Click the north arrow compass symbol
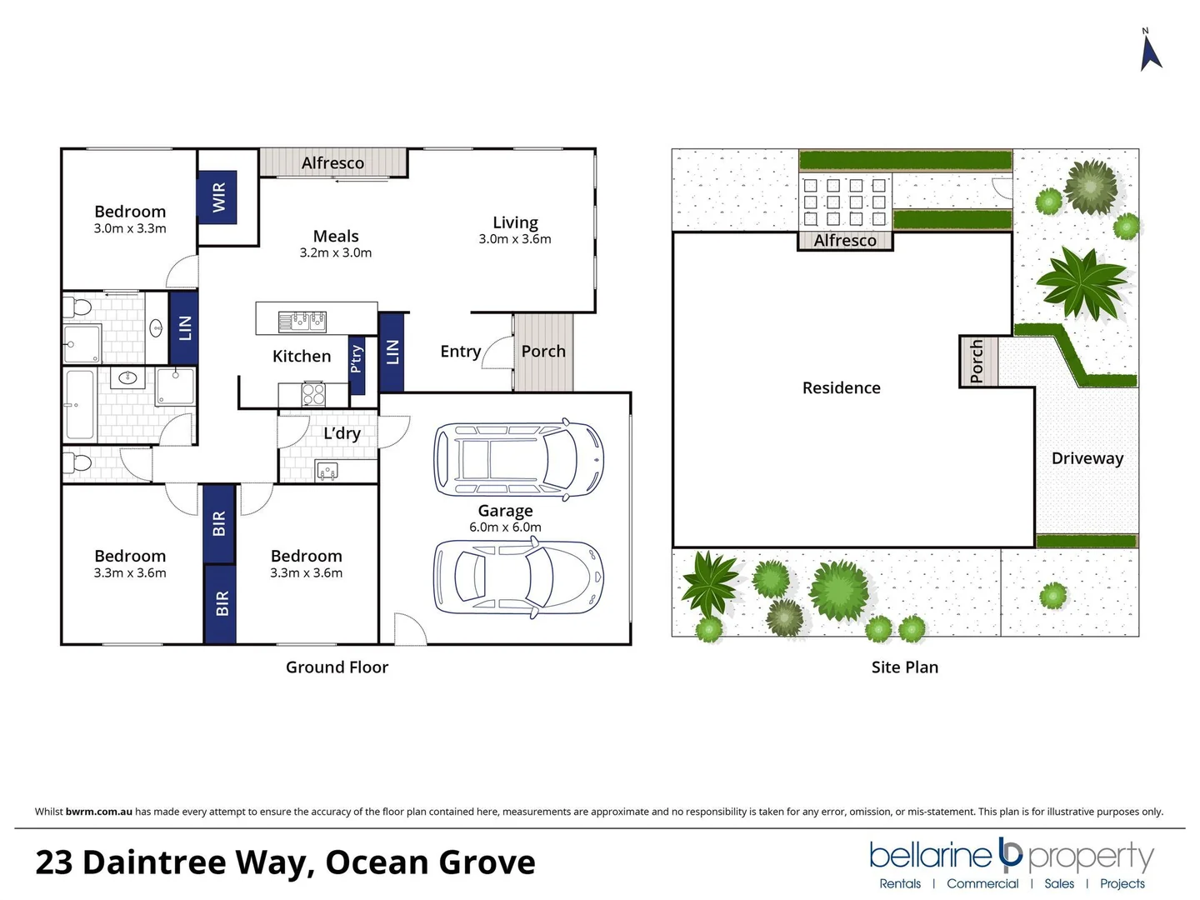pyautogui.click(x=1151, y=52)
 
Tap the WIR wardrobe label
pyautogui.click(x=218, y=197)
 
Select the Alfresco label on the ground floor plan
pyautogui.click(x=332, y=163)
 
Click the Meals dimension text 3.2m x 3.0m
pyautogui.click(x=336, y=252)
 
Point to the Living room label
pyautogui.click(x=515, y=222)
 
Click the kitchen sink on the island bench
pyautogui.click(x=302, y=321)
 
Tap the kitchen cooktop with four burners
pyautogui.click(x=313, y=393)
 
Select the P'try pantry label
pyautogui.click(x=357, y=358)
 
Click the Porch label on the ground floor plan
pyautogui.click(x=543, y=352)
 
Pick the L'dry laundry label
pyautogui.click(x=342, y=433)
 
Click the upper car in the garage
pyautogui.click(x=517, y=460)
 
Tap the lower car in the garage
pyautogui.click(x=517, y=577)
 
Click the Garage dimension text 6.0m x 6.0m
pyautogui.click(x=505, y=527)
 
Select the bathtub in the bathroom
pyautogui.click(x=80, y=405)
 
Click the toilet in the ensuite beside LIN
pyautogui.click(x=81, y=307)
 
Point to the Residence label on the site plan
pyautogui.click(x=841, y=387)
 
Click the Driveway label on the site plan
pyautogui.click(x=1087, y=458)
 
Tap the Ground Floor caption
pyautogui.click(x=337, y=667)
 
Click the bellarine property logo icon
pyautogui.click(x=1010, y=853)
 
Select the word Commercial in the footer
pyautogui.click(x=982, y=883)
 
